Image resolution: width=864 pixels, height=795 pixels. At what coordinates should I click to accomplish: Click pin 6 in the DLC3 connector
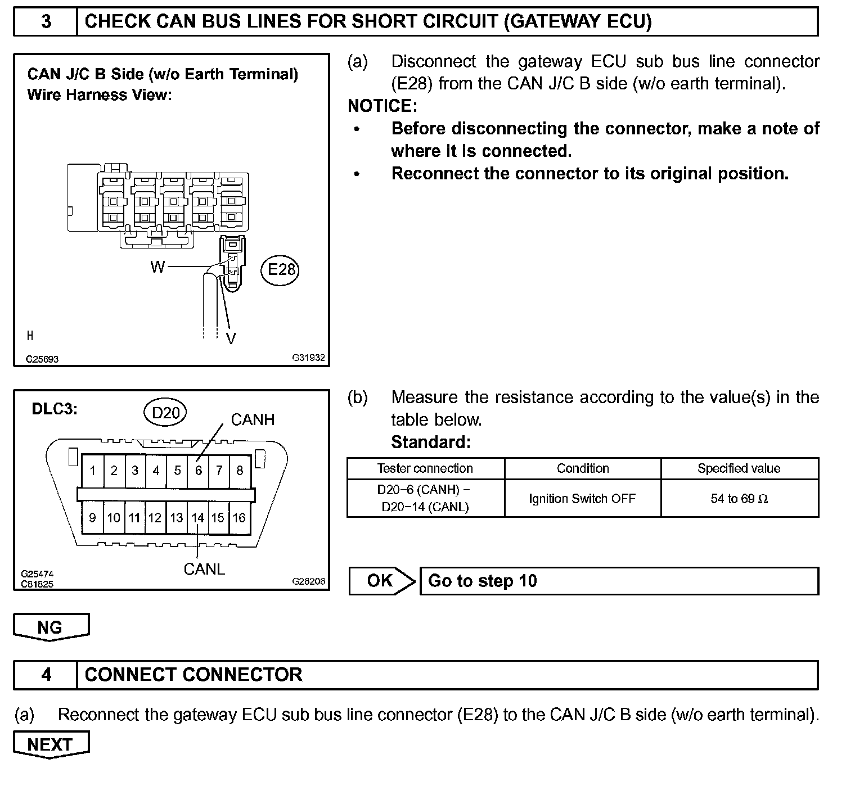(198, 471)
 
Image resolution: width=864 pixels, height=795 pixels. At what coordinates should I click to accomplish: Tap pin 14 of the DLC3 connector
(197, 517)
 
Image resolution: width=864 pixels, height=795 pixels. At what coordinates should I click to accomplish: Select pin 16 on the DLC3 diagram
(239, 517)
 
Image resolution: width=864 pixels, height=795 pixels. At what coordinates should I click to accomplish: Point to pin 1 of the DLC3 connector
(93, 471)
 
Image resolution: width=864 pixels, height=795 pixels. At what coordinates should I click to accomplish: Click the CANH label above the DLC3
(253, 419)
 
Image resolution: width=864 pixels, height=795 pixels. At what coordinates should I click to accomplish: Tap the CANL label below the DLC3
(204, 569)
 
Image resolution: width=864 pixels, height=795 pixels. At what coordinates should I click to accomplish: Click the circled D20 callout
(166, 413)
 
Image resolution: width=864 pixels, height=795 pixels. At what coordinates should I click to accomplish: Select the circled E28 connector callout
(281, 270)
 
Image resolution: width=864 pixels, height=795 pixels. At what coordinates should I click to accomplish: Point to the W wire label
(157, 267)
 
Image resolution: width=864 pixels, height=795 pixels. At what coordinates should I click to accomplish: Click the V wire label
(231, 338)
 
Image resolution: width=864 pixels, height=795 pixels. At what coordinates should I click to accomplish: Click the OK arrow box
(381, 581)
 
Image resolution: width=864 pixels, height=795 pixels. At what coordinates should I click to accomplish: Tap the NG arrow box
(51, 627)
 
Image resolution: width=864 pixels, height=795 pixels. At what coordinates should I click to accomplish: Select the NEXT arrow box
(51, 744)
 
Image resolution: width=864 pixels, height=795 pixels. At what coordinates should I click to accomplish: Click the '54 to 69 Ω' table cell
(739, 499)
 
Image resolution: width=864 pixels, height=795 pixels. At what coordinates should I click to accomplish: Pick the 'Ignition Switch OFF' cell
(582, 499)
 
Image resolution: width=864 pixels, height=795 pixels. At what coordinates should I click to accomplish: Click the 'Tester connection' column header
(425, 468)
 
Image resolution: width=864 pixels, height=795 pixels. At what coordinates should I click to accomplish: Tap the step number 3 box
(46, 22)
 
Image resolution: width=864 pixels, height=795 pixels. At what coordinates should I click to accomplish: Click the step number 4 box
(46, 674)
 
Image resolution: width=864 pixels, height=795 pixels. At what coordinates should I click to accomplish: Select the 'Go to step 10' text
(483, 581)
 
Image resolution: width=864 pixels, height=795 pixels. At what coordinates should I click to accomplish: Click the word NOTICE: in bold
(382, 106)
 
